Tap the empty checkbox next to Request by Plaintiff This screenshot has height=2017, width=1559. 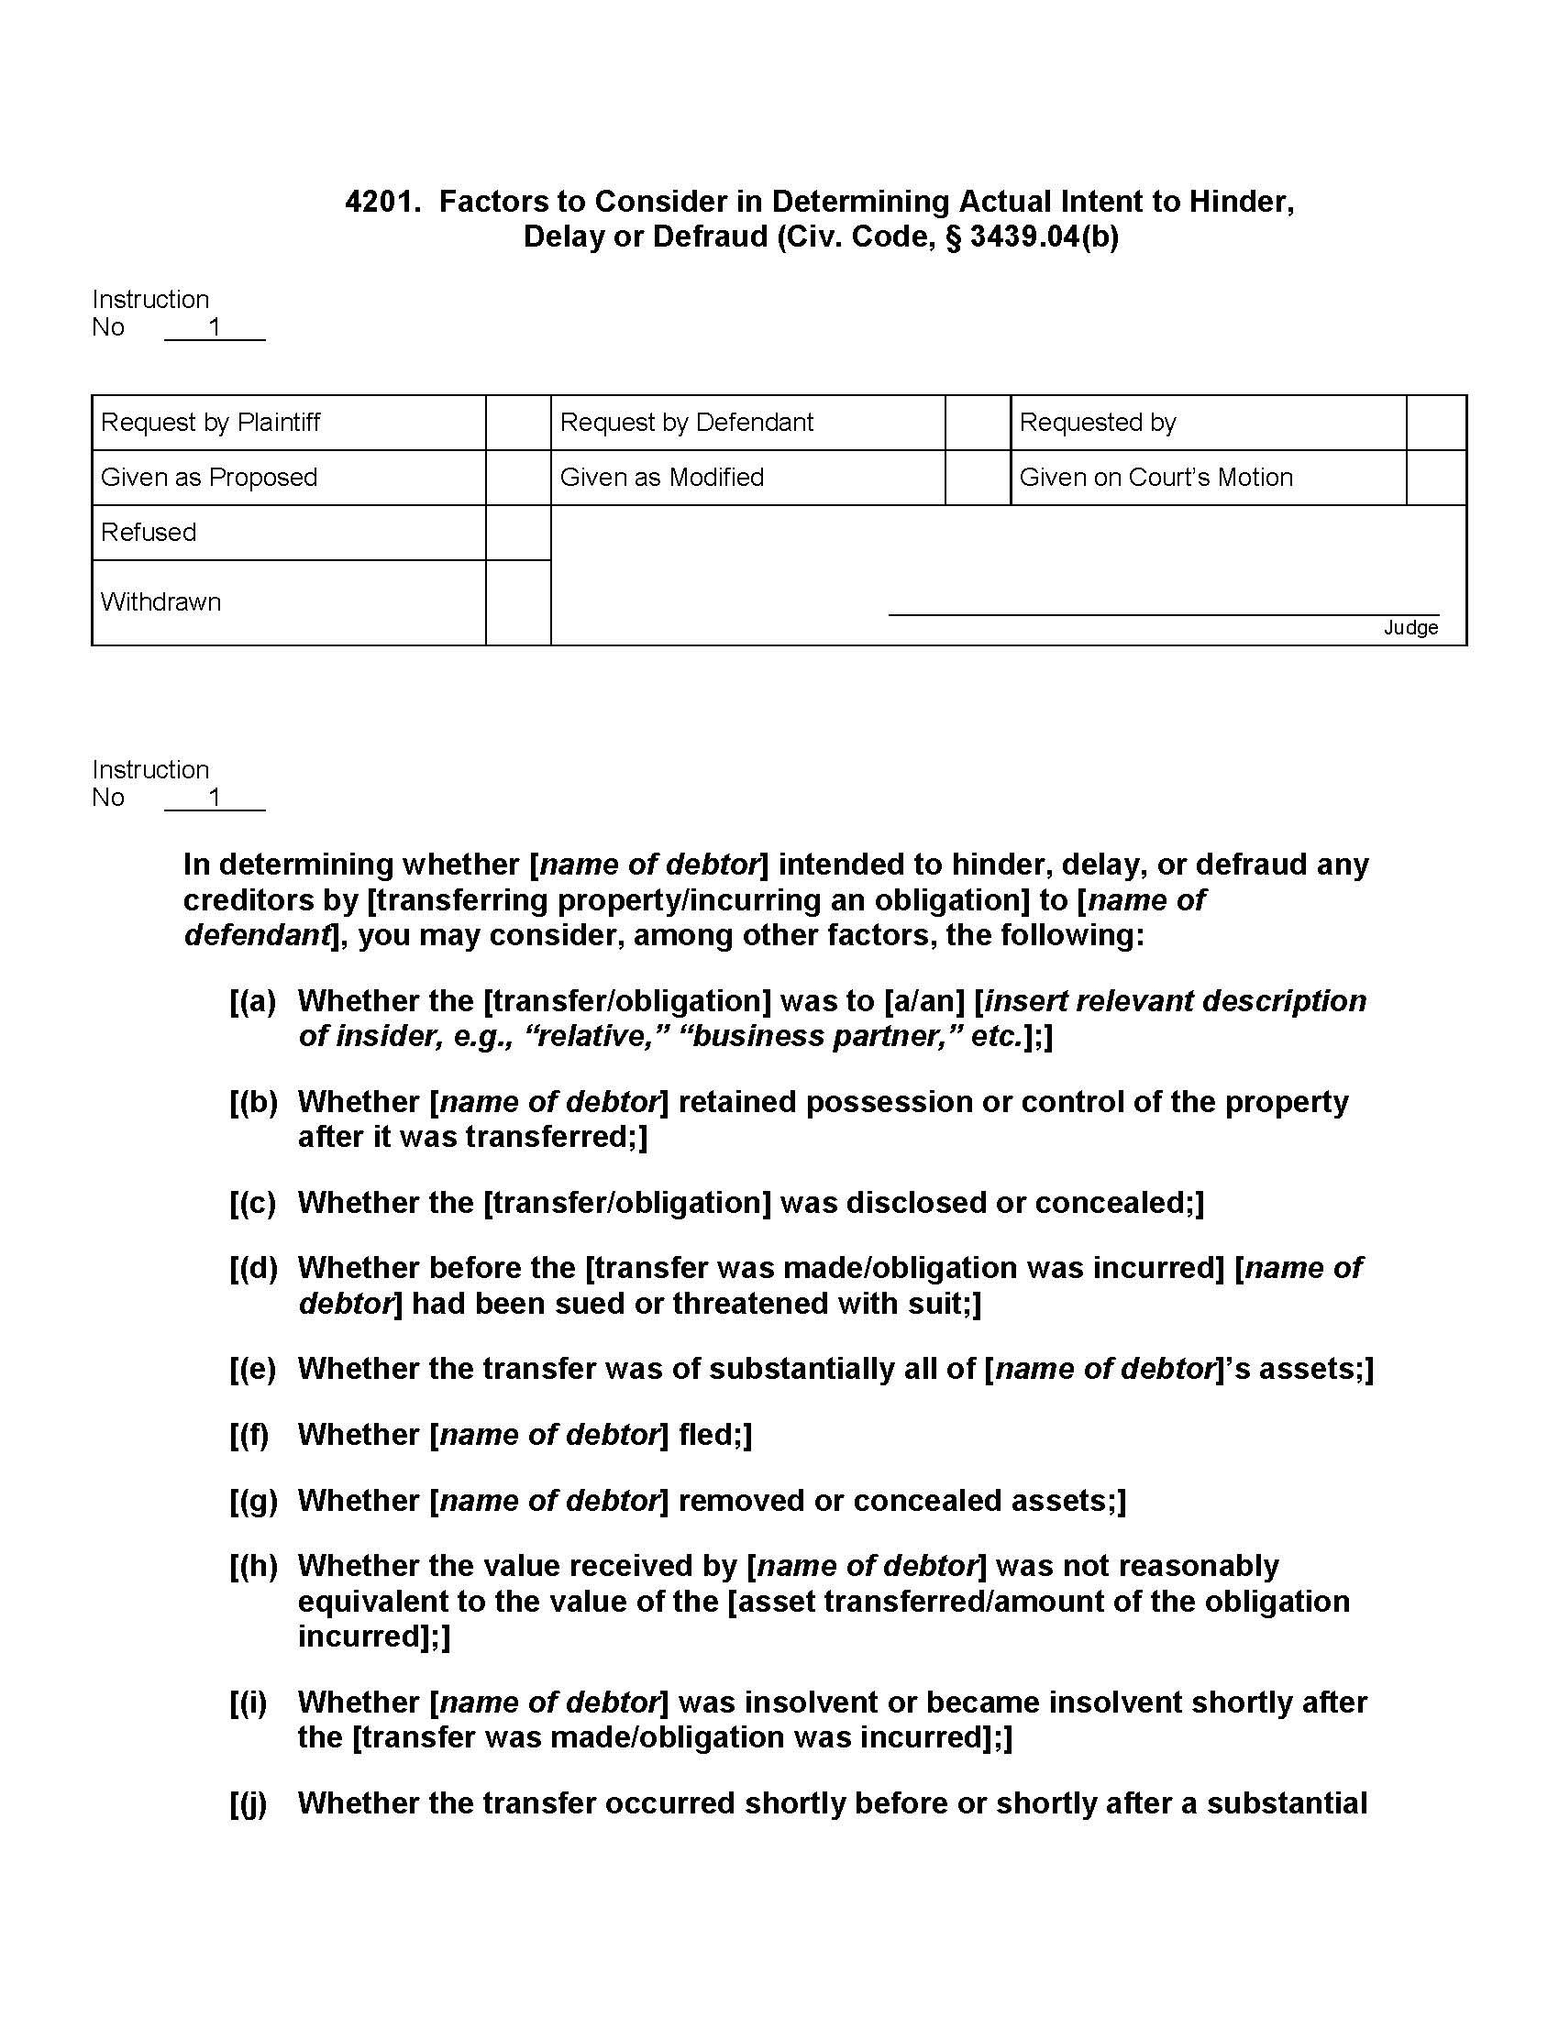coord(517,423)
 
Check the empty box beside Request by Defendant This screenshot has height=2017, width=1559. coord(978,423)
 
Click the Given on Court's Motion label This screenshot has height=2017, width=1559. coord(1155,478)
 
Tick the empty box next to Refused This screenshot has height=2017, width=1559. coord(517,533)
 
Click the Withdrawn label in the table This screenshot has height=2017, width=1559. coord(160,602)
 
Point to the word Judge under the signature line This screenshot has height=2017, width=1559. coord(1410,628)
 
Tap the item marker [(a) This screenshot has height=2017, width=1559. coord(252,1001)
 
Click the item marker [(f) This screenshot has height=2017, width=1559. coord(249,1434)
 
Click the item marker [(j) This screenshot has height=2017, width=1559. coord(247,1802)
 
